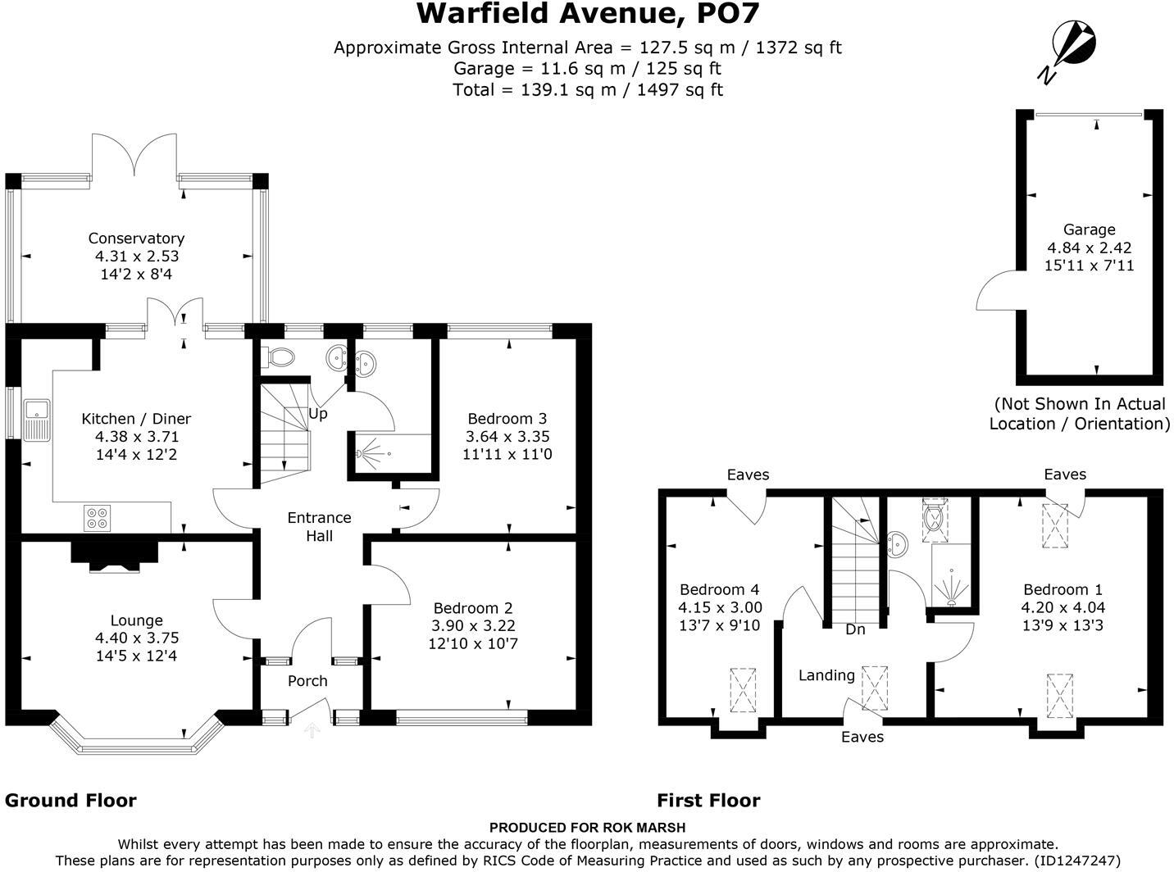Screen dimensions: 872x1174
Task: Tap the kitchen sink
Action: pos(36,420)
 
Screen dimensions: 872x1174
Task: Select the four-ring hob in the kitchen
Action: pos(96,518)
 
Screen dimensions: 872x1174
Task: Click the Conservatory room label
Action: pos(136,238)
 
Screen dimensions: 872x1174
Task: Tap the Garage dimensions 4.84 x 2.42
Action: pos(1089,248)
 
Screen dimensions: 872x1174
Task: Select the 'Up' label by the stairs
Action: pos(318,414)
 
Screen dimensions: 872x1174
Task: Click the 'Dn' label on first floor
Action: pos(855,629)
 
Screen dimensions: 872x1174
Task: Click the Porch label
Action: pos(307,681)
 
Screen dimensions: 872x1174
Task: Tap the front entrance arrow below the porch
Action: pos(312,729)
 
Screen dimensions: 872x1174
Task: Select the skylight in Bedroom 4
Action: pos(743,689)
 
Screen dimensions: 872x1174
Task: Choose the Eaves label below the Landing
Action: pos(862,737)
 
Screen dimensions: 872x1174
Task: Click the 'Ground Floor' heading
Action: pos(71,801)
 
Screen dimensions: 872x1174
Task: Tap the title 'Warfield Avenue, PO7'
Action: pos(587,14)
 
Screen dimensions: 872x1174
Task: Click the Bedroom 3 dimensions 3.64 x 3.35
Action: pos(507,436)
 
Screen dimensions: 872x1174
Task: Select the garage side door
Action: pos(997,293)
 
